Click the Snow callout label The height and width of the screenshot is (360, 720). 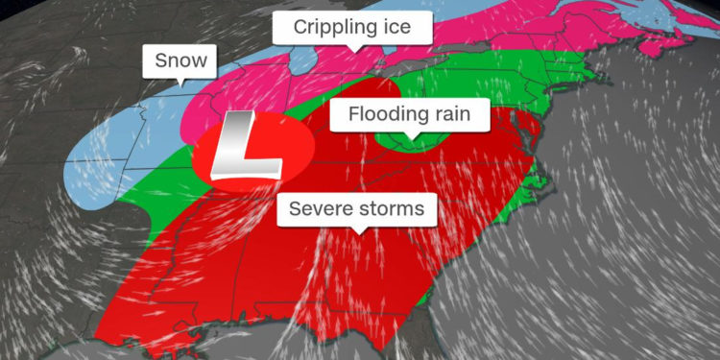tap(180, 60)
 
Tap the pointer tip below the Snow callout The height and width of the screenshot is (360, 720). tap(181, 85)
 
